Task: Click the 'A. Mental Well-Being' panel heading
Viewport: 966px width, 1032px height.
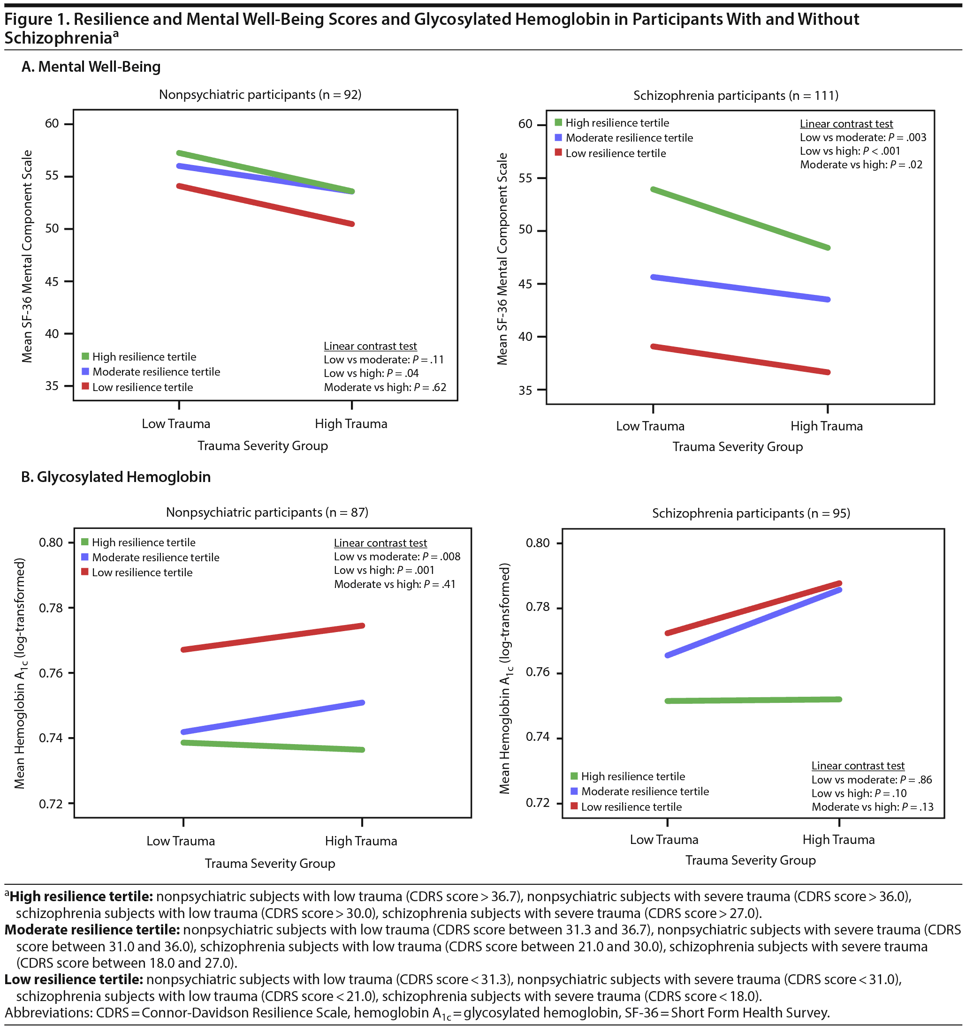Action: click(x=91, y=67)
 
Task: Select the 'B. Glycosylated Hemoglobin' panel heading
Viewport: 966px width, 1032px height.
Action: click(x=116, y=477)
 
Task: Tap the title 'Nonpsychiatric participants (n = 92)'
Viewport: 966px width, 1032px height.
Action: click(x=260, y=95)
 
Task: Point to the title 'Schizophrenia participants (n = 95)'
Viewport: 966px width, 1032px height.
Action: click(x=751, y=513)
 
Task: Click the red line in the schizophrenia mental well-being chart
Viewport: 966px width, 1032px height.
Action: click(x=740, y=359)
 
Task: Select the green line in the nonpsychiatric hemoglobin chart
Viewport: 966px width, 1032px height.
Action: click(x=273, y=746)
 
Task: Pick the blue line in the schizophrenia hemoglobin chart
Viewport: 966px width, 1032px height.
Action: click(x=753, y=623)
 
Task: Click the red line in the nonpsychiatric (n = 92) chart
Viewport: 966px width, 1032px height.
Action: click(x=265, y=205)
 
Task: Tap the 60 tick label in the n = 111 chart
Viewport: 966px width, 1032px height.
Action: click(x=525, y=124)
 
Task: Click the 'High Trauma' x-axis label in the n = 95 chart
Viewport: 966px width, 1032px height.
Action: click(x=838, y=840)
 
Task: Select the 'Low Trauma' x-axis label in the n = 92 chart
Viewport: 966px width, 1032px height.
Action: click(x=176, y=424)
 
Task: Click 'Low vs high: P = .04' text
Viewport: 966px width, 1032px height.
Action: click(x=371, y=374)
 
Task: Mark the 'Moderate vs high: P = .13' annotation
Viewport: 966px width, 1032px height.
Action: click(x=873, y=807)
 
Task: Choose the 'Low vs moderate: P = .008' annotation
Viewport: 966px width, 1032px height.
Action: click(x=397, y=557)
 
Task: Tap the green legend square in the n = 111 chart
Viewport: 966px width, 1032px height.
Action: click(x=558, y=123)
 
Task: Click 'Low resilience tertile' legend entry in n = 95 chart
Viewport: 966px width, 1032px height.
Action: click(x=631, y=807)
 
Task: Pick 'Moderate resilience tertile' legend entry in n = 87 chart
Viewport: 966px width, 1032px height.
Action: click(x=155, y=557)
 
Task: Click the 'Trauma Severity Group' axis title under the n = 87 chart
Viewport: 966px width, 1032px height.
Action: click(x=270, y=864)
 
